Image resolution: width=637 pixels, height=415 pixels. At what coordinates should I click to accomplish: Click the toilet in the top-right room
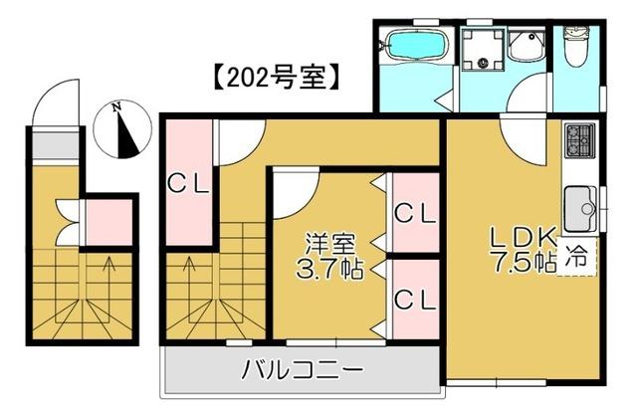[576, 46]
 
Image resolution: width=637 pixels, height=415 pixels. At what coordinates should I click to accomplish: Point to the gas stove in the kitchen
[579, 141]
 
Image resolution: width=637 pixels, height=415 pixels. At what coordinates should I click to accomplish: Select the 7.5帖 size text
[521, 263]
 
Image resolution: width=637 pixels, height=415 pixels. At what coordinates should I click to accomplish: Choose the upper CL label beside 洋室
[413, 212]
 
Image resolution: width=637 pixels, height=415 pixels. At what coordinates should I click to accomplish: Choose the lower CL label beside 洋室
[413, 299]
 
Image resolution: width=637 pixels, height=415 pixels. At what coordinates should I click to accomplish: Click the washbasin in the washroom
[524, 47]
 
